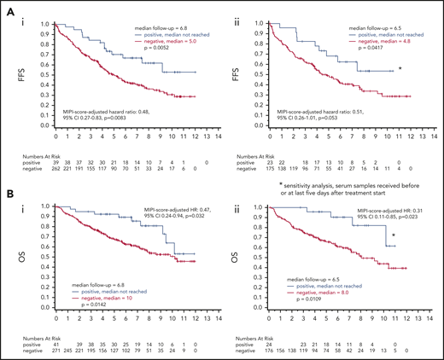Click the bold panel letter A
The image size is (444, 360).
[x=6, y=7]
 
